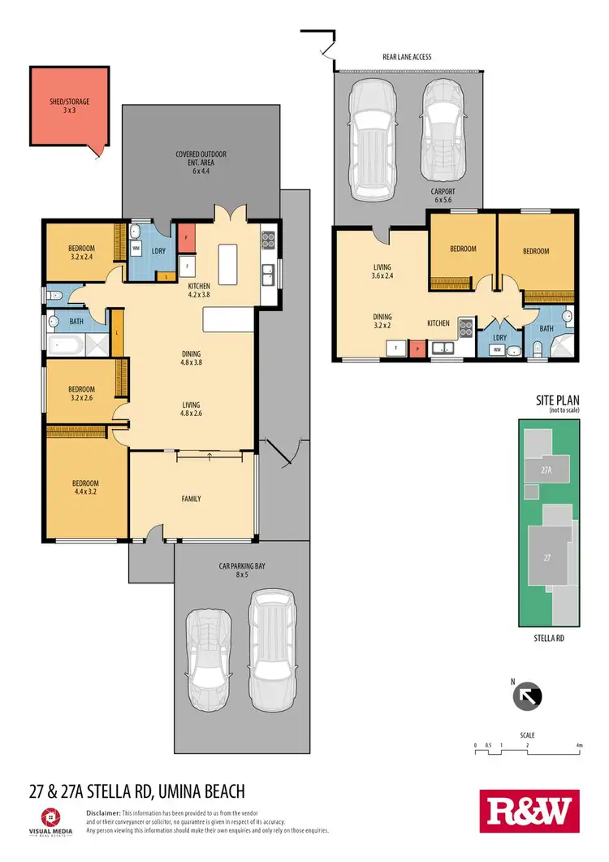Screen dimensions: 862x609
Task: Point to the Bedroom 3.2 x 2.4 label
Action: click(81, 252)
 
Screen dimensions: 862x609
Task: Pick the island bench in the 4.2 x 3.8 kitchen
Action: click(226, 259)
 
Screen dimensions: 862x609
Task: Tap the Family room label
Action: click(190, 499)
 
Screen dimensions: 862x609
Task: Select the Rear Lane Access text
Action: click(406, 57)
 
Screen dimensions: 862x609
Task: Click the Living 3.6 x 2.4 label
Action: click(382, 271)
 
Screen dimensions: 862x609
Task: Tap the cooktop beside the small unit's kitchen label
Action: click(465, 327)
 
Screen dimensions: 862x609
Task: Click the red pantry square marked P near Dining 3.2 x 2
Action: click(418, 349)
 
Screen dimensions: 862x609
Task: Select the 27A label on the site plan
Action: click(546, 469)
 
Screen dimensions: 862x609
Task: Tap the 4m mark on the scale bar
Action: click(579, 745)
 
